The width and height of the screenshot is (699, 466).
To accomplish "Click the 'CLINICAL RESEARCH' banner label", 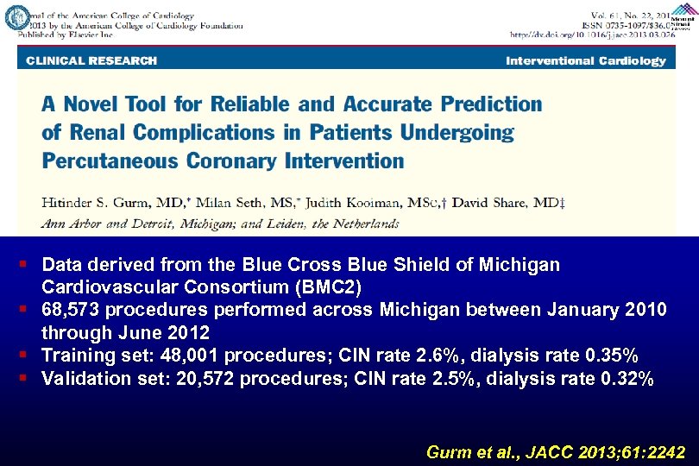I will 91,60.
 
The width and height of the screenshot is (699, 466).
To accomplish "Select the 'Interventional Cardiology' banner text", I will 586,60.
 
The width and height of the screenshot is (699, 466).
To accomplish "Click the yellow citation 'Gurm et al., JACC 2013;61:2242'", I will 557,451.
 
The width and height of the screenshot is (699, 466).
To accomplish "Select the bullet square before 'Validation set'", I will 29,377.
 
